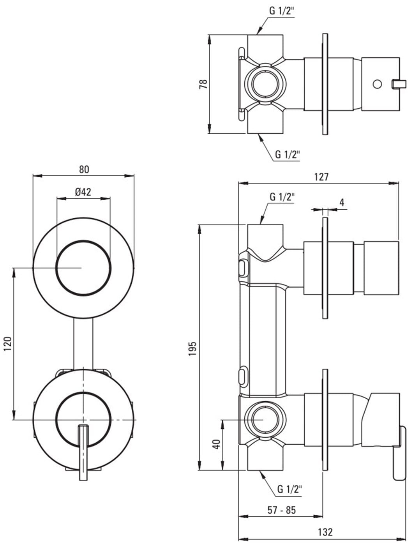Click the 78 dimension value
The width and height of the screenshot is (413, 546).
click(x=203, y=84)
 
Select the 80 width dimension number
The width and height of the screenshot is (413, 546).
click(x=84, y=170)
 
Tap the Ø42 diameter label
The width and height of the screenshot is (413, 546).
click(x=83, y=192)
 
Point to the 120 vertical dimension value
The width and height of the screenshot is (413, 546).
click(x=8, y=343)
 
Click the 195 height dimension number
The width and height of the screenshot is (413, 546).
click(x=192, y=348)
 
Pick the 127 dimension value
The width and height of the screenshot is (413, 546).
click(x=321, y=177)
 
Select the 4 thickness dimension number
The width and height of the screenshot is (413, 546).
click(x=342, y=203)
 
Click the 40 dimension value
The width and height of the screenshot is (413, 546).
click(x=217, y=444)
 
